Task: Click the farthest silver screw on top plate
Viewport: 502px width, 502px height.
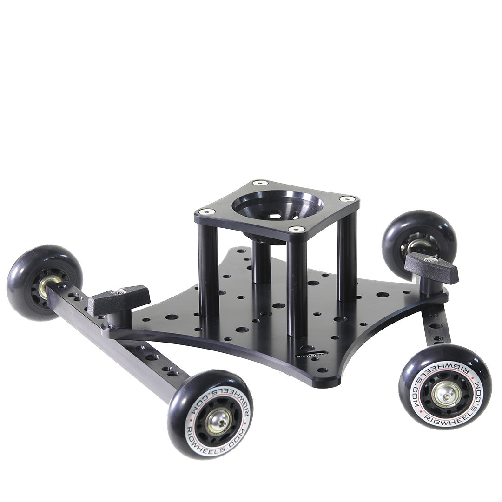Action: (x=260, y=183)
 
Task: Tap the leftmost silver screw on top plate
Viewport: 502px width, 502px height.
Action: (x=208, y=211)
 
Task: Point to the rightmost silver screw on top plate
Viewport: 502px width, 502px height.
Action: (x=347, y=199)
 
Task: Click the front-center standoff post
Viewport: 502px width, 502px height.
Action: (x=297, y=288)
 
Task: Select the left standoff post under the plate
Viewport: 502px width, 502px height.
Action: (x=208, y=270)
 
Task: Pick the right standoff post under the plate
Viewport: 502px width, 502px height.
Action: (x=347, y=260)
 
